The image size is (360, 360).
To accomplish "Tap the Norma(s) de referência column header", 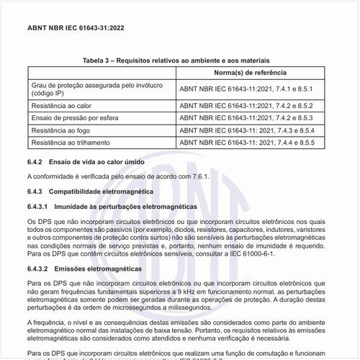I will (250, 73).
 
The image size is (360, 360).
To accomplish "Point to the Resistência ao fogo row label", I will (60, 130).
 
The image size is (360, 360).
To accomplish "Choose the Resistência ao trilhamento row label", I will (70, 143).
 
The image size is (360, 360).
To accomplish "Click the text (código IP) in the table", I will (50, 94).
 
